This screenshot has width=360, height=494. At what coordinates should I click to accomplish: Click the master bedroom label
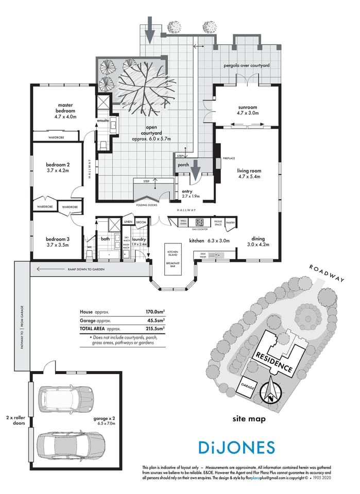pyautogui.click(x=65, y=111)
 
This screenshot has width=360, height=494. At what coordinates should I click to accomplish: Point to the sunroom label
pyautogui.click(x=247, y=109)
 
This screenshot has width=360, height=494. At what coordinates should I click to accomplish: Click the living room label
pyautogui.click(x=249, y=173)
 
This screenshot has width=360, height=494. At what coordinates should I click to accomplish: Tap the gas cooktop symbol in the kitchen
pyautogui.click(x=198, y=222)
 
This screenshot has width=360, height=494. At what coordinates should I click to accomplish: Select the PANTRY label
pyautogui.click(x=230, y=223)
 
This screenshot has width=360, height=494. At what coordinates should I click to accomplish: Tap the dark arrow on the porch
pyautogui.click(x=196, y=169)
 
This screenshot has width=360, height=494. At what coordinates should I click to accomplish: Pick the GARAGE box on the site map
pyautogui.click(x=248, y=385)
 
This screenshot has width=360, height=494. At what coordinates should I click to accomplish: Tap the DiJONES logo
pyautogui.click(x=236, y=447)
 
